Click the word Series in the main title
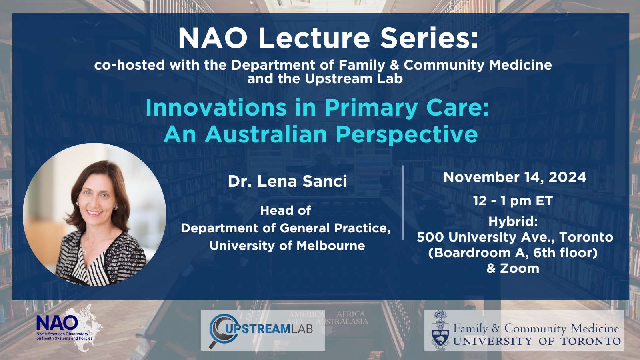pos(429,38)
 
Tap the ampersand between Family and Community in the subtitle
pos(394,65)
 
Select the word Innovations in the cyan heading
pos(216,108)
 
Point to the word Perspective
pos(407,135)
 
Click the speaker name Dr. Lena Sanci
pos(288,181)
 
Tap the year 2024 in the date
pos(568,177)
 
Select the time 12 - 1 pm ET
pos(513,201)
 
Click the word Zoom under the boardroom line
pos(520,268)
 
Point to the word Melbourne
pos(330,246)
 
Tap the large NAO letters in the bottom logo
pos(57,323)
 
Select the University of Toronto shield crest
pos(440,330)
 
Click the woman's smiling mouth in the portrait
pos(94,213)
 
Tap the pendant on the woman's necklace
pos(84,252)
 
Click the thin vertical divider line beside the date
pos(403,202)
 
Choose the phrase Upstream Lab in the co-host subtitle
pos(354,79)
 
